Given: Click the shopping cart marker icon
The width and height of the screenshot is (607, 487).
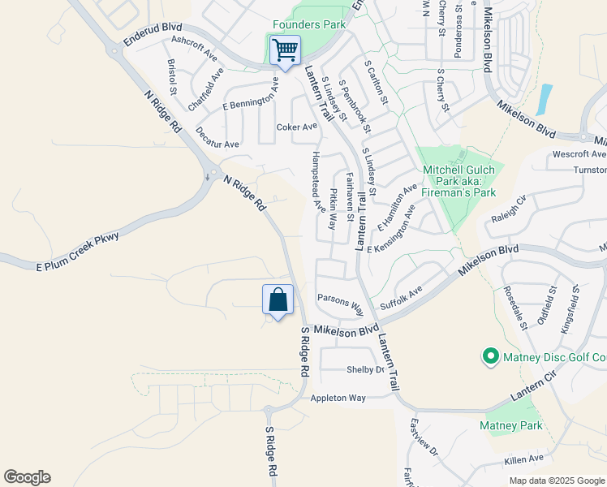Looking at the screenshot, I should point(285,50).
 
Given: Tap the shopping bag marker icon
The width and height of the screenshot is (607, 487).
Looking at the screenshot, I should point(278,300).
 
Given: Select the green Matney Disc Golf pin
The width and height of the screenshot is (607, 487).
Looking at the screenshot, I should point(490,356).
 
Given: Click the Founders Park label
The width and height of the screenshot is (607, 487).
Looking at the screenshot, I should point(309,24).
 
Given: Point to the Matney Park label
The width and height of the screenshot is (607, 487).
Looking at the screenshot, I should point(510,425).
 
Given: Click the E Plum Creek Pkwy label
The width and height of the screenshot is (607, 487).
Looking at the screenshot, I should point(78,251).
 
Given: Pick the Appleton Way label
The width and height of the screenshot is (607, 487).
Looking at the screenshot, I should point(338,398).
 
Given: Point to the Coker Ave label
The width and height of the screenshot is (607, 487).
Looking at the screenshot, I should point(296,127).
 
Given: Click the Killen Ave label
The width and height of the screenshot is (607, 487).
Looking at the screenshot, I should point(523,459).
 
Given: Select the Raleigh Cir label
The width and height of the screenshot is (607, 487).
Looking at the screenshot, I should point(509,213).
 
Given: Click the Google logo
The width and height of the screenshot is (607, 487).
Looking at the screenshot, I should point(27,477).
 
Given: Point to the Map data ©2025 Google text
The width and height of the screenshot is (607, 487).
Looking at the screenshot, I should point(556,481).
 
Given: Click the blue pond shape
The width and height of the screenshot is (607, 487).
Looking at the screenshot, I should point(545,98).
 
